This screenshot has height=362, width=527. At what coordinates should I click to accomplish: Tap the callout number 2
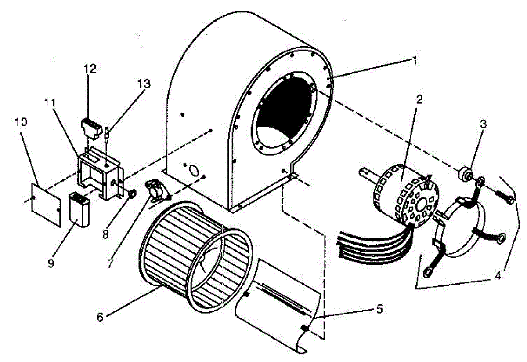[419, 99]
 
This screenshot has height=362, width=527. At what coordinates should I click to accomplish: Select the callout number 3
[483, 124]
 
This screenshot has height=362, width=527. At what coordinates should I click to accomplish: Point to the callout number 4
[498, 278]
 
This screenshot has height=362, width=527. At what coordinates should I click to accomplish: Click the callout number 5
[379, 309]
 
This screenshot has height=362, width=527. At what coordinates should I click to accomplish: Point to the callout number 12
[90, 69]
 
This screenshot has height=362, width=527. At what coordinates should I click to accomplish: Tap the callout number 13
[144, 83]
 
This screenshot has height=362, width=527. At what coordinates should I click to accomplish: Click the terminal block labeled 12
[92, 127]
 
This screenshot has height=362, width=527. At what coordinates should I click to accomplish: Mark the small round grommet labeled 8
[130, 193]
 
